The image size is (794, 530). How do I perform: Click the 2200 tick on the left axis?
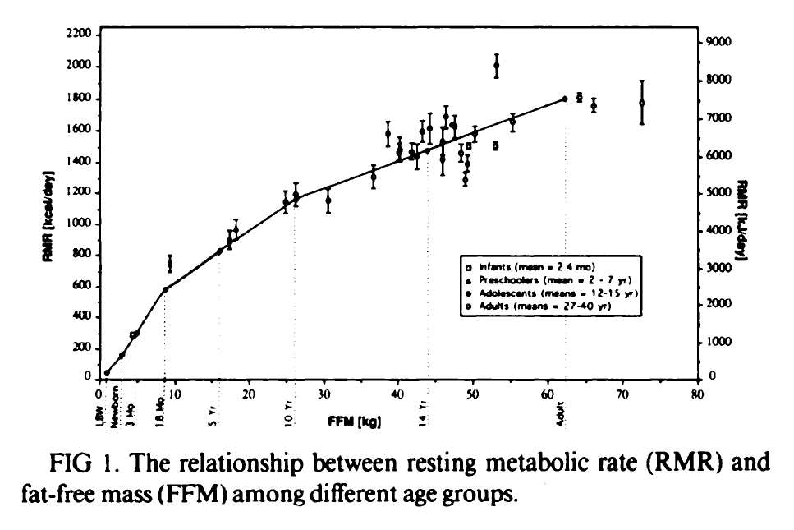point(80,35)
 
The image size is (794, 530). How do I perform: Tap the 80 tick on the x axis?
point(696,394)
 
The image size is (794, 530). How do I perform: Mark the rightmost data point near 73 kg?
point(641,103)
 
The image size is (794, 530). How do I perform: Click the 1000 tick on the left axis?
point(80,224)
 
